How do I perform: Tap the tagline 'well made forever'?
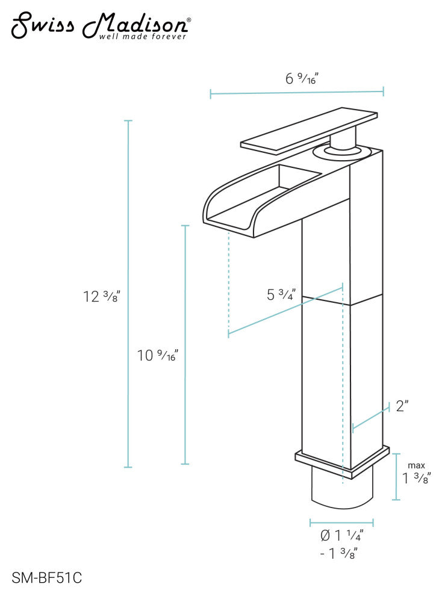[143, 37]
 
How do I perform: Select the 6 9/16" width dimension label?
[301, 79]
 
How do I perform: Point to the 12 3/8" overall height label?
[102, 296]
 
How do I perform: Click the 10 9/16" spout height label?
[157, 355]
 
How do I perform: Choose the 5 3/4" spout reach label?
[281, 294]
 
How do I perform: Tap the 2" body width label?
[402, 406]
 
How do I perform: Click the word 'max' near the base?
[417, 465]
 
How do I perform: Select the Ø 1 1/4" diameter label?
[341, 535]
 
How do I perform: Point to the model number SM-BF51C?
[47, 578]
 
